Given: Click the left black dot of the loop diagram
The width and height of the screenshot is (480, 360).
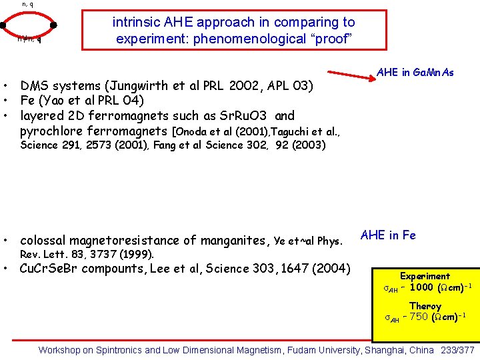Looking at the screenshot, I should click(x=4, y=26).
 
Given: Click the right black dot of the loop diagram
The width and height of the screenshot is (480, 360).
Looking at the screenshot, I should click(x=53, y=26).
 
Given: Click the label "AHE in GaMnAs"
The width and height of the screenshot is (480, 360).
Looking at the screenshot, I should click(x=415, y=72).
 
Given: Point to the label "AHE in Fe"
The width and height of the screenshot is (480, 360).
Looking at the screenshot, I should click(x=388, y=235).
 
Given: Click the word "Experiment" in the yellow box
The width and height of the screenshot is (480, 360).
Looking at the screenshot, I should click(x=425, y=276).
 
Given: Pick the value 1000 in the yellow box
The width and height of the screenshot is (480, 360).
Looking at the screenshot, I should click(x=421, y=287).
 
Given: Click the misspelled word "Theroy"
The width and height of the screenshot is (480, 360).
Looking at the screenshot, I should click(x=425, y=306).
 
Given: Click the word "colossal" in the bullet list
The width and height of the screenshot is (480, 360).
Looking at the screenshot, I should click(x=44, y=240).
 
